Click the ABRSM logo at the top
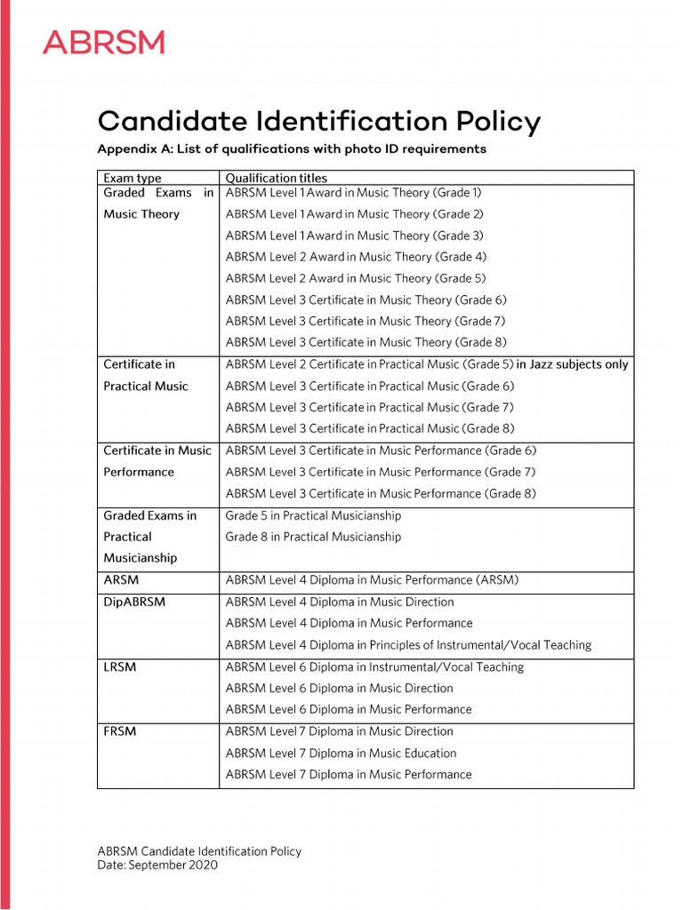[103, 42]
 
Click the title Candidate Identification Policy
[318, 122]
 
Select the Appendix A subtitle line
[291, 148]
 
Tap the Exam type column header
[133, 178]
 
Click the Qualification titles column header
[276, 178]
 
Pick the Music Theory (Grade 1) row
[354, 192]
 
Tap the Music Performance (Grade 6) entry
[381, 451]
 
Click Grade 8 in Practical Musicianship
[313, 537]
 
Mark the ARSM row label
[121, 579]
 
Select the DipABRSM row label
[134, 602]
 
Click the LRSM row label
[120, 667]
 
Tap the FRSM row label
[120, 731]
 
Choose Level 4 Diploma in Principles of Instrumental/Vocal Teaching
[408, 645]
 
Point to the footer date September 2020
[157, 865]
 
